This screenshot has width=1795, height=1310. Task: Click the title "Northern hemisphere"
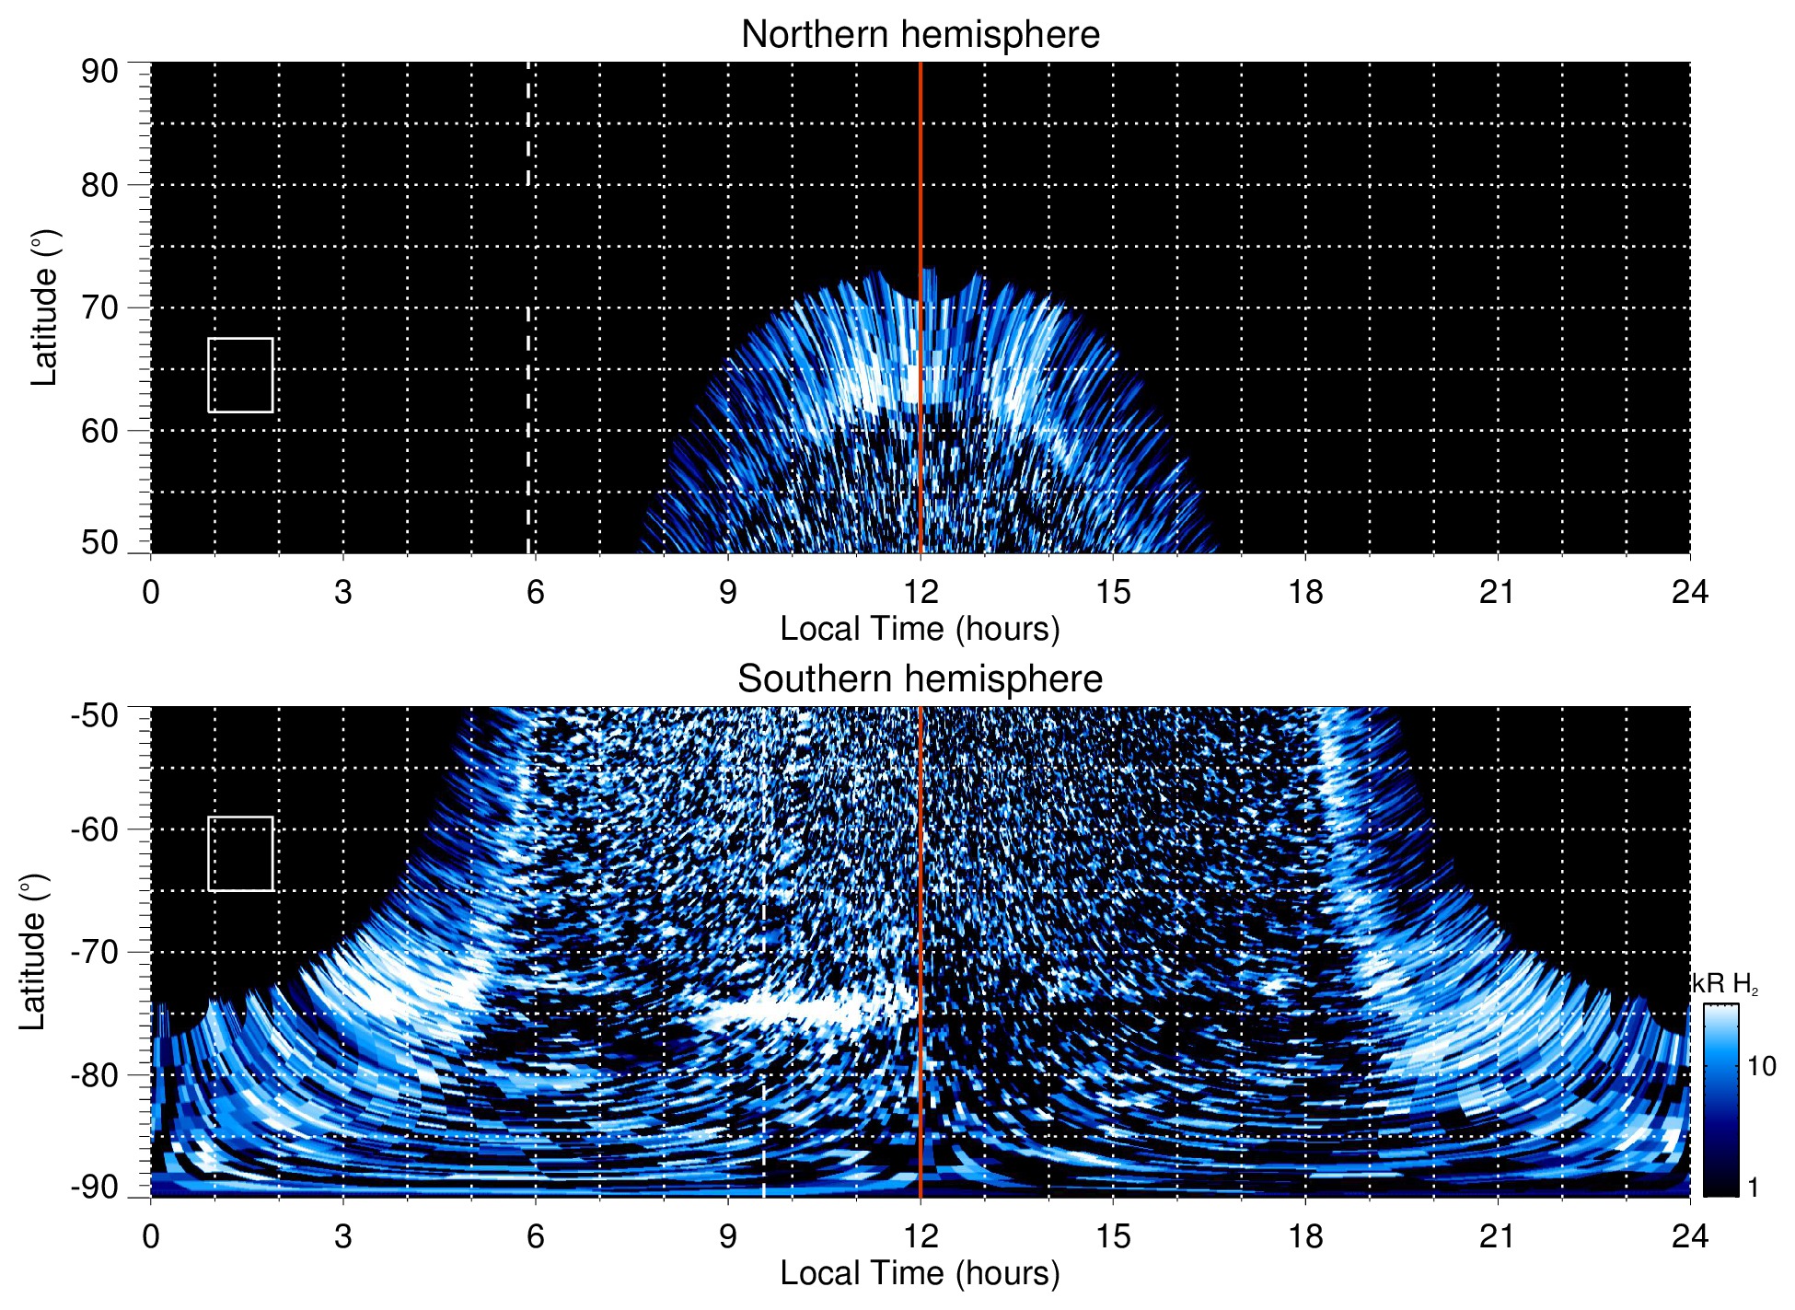[x=920, y=35]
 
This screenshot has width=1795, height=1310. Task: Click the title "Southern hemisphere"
[x=920, y=679]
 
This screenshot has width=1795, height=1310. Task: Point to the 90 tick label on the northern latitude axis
[x=99, y=72]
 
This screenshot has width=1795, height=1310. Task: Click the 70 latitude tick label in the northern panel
[x=99, y=307]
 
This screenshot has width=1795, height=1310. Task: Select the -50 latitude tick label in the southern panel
[x=94, y=715]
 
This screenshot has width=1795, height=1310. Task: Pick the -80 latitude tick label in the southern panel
[x=94, y=1074]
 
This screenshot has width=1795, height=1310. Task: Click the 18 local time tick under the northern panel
[x=1305, y=592]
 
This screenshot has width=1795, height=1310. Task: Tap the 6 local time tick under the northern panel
[x=535, y=592]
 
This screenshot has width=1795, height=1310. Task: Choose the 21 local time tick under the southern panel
[x=1498, y=1236]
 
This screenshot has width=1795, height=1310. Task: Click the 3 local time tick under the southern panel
[x=342, y=1236]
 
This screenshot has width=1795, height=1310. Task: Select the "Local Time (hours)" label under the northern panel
[x=920, y=630]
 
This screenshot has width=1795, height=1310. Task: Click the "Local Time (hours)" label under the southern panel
[x=920, y=1274]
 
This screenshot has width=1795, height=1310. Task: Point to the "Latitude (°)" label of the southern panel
[x=33, y=952]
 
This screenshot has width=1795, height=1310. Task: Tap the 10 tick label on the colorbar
[x=1762, y=1067]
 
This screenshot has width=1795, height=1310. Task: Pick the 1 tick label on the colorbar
[x=1753, y=1188]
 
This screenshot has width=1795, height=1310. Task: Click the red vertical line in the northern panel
[x=921, y=184]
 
